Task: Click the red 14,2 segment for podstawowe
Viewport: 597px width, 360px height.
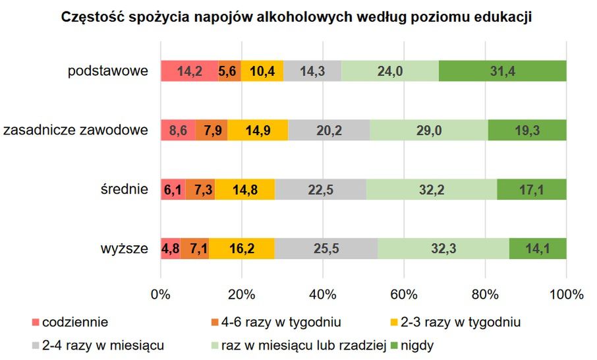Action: tap(189, 71)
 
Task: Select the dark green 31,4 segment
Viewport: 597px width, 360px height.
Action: tap(502, 71)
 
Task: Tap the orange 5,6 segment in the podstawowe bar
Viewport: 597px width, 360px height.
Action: tap(229, 71)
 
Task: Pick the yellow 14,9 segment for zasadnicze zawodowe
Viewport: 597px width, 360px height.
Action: tap(258, 130)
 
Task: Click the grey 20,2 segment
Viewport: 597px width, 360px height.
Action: tap(329, 130)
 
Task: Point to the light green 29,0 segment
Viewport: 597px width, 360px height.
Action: tap(428, 130)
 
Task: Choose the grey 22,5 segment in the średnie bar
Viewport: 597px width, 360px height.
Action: tap(321, 189)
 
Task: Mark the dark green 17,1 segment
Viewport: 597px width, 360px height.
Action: tap(531, 189)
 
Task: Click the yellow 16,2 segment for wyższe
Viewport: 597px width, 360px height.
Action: tap(242, 249)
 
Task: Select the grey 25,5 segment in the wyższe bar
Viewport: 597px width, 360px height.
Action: tap(326, 249)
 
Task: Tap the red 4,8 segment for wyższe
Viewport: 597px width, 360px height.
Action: tap(171, 249)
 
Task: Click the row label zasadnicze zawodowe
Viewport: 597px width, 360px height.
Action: tap(76, 130)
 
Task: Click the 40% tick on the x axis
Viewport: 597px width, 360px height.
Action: tap(323, 294)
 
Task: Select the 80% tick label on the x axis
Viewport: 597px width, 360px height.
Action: tap(485, 294)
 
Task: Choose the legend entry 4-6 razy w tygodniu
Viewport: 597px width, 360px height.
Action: tap(281, 322)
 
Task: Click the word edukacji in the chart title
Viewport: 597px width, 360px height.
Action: tap(501, 18)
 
